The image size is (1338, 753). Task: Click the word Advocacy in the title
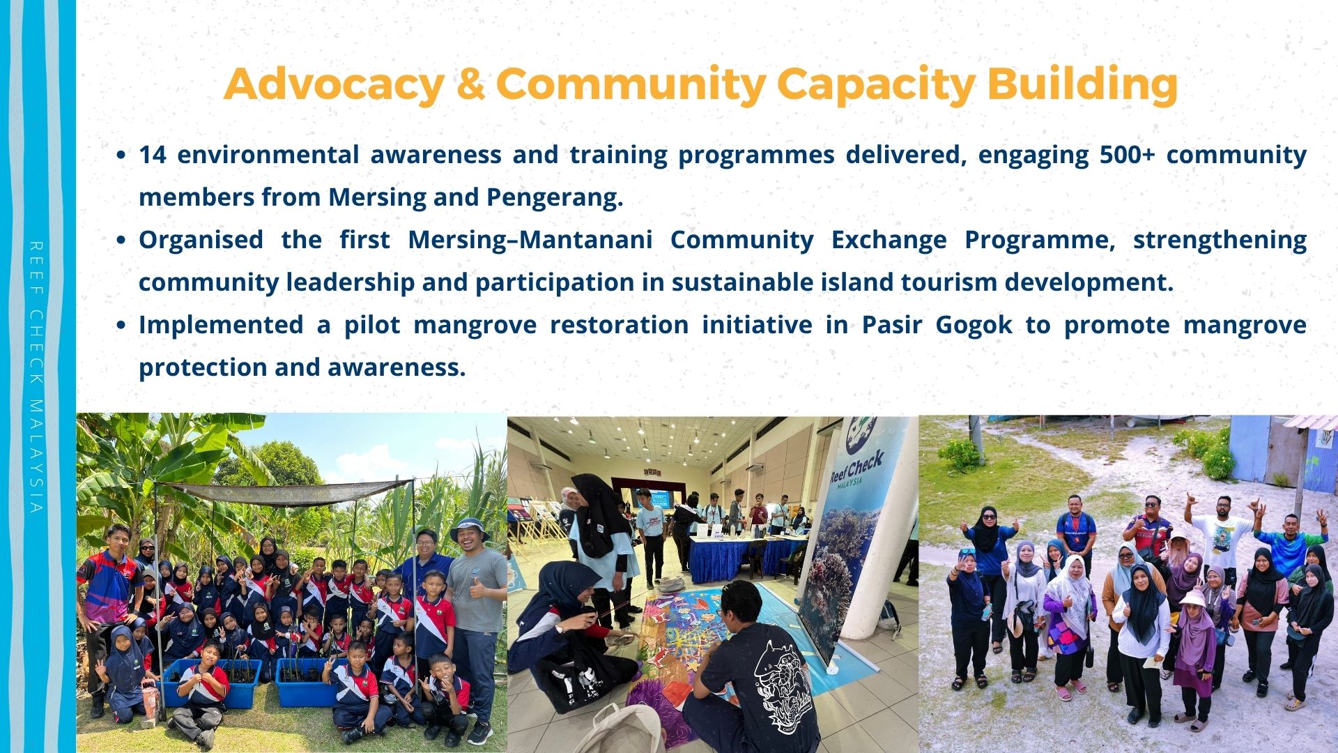(334, 84)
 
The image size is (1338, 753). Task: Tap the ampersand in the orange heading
(470, 84)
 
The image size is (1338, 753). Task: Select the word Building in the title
(1082, 84)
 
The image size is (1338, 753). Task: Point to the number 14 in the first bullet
(152, 154)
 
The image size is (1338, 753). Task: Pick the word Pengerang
(555, 197)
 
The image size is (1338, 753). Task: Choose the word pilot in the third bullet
(372, 325)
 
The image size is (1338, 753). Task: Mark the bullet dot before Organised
(121, 241)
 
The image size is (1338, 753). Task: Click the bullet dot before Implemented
(121, 326)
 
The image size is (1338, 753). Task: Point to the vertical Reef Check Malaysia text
(36, 377)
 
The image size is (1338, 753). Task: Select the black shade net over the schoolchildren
(286, 492)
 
